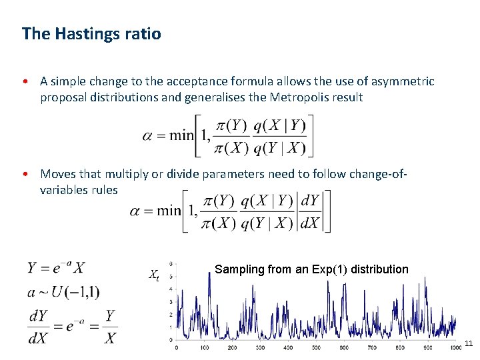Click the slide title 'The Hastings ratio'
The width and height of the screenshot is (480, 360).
91,33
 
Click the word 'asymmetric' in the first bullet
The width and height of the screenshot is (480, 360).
403,81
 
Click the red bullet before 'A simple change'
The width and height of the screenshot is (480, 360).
24,82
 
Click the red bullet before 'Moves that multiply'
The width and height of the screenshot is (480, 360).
24,174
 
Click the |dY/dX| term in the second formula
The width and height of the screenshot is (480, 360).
310,211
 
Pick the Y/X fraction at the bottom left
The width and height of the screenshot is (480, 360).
109,327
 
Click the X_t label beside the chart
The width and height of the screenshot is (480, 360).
153,274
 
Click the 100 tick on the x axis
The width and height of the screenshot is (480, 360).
205,348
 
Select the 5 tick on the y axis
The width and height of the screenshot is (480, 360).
173,276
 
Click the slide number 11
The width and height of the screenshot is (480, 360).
468,343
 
